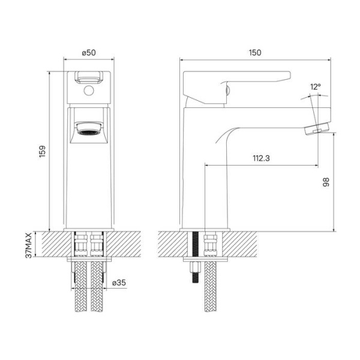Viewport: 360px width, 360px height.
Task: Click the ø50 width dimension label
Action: (89, 53)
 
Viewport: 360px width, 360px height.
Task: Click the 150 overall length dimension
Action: (254, 53)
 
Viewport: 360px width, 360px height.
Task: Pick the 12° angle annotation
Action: (316, 87)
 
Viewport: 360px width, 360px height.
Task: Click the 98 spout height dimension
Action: (326, 182)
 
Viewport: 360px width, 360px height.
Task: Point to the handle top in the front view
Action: (89, 76)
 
